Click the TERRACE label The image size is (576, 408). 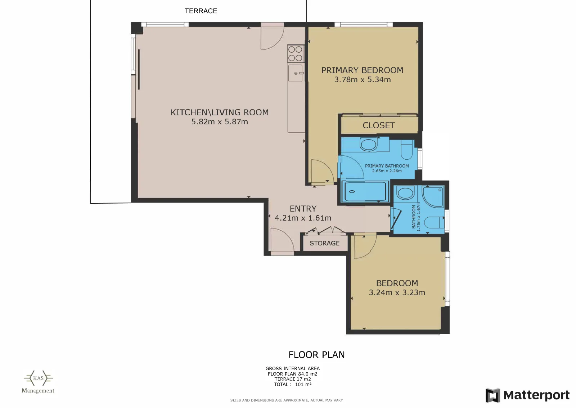pos(201,11)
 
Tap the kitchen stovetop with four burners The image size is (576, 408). pos(296,54)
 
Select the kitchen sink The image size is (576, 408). pos(296,73)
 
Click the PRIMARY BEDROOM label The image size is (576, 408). pos(362,70)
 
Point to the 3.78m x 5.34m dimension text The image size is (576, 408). pos(362,80)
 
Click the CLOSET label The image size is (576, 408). pos(378,125)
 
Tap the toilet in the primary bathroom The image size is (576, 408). pos(406,149)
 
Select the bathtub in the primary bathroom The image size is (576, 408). pos(365,191)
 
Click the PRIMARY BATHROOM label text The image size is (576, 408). pos(387,166)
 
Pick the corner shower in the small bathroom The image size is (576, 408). pos(433,196)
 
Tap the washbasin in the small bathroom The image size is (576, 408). pos(405,193)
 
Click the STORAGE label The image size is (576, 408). pos(324,243)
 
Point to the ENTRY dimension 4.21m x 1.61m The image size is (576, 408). pos(303,218)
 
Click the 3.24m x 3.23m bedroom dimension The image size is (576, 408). pos(397,293)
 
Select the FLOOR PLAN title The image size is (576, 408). pos(316,355)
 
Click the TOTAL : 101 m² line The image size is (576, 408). pos(293,384)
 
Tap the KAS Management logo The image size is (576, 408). pos(38,382)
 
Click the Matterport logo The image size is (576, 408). pos(527,395)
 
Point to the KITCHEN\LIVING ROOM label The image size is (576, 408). pos(220,112)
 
